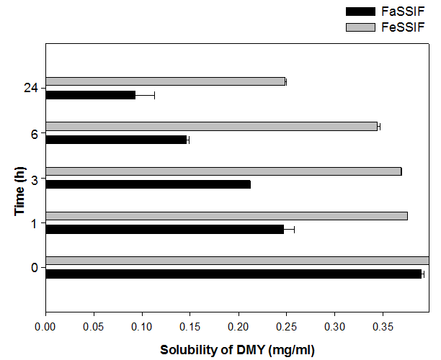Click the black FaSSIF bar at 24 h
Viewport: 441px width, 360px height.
point(90,95)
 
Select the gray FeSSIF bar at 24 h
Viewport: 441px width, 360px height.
point(166,81)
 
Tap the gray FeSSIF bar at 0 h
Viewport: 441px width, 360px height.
point(237,261)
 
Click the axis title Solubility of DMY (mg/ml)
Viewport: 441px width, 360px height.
point(237,349)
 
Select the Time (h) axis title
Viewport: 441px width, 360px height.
point(19,192)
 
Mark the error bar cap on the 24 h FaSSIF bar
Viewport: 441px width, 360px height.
point(154,95)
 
